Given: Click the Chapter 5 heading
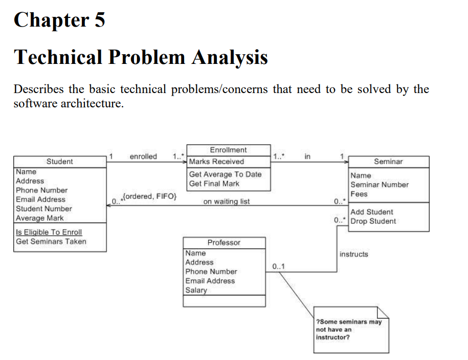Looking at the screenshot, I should pyautogui.click(x=59, y=20).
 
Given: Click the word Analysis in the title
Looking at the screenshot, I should pyautogui.click(x=230, y=57).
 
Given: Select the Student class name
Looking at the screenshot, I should pyautogui.click(x=60, y=162).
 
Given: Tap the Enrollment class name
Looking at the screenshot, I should pyautogui.click(x=228, y=150).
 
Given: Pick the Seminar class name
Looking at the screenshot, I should pyautogui.click(x=388, y=162).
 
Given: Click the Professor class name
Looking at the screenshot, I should pyautogui.click(x=224, y=242).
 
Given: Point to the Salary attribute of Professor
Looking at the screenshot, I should pyautogui.click(x=196, y=290).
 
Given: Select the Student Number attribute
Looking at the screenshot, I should pyautogui.click(x=44, y=209).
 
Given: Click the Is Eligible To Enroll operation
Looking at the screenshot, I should pyautogui.click(x=49, y=232).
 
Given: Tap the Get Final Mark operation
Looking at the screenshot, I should pyautogui.click(x=214, y=184).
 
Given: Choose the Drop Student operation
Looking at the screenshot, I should pyautogui.click(x=373, y=221).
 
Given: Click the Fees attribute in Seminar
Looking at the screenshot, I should pyautogui.click(x=359, y=194).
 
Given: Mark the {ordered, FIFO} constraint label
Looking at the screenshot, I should pyautogui.click(x=149, y=196).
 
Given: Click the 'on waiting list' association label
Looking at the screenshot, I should pyautogui.click(x=226, y=201).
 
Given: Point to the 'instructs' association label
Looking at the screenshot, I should pyautogui.click(x=353, y=254).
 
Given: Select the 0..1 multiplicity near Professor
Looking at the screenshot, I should pyautogui.click(x=279, y=266).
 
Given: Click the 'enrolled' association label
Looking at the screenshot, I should pyautogui.click(x=143, y=156).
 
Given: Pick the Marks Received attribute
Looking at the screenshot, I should pyautogui.click(x=216, y=162).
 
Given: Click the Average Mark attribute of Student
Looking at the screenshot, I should pyautogui.click(x=40, y=218).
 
